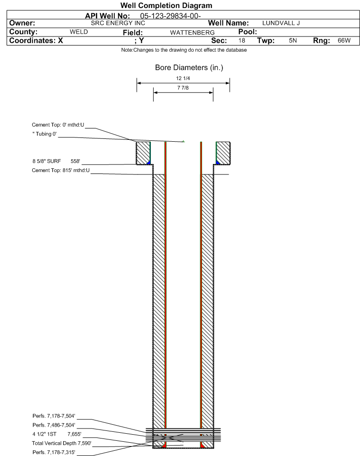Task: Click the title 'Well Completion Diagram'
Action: (x=166, y=6)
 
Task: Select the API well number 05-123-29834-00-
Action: (x=171, y=16)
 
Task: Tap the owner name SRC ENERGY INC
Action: (x=118, y=23)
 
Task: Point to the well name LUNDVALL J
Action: (x=281, y=23)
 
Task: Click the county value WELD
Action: (x=79, y=32)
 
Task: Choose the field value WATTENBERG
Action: (x=193, y=33)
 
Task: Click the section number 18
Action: (x=242, y=41)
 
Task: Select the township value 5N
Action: (x=293, y=41)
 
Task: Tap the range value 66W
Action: (x=344, y=41)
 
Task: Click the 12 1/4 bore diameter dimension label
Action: (x=183, y=78)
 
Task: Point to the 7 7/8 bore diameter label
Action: (x=183, y=88)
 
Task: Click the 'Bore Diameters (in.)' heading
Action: (x=189, y=68)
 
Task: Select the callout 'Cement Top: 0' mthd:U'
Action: (x=58, y=125)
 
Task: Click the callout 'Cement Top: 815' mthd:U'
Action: (x=61, y=171)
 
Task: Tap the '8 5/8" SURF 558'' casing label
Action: (x=56, y=162)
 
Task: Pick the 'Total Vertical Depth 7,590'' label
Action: (x=62, y=444)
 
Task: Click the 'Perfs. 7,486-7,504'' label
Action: (x=54, y=425)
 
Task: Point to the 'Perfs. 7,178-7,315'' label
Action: (x=54, y=453)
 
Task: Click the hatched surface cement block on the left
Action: (x=143, y=153)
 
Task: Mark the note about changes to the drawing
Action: (x=184, y=50)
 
